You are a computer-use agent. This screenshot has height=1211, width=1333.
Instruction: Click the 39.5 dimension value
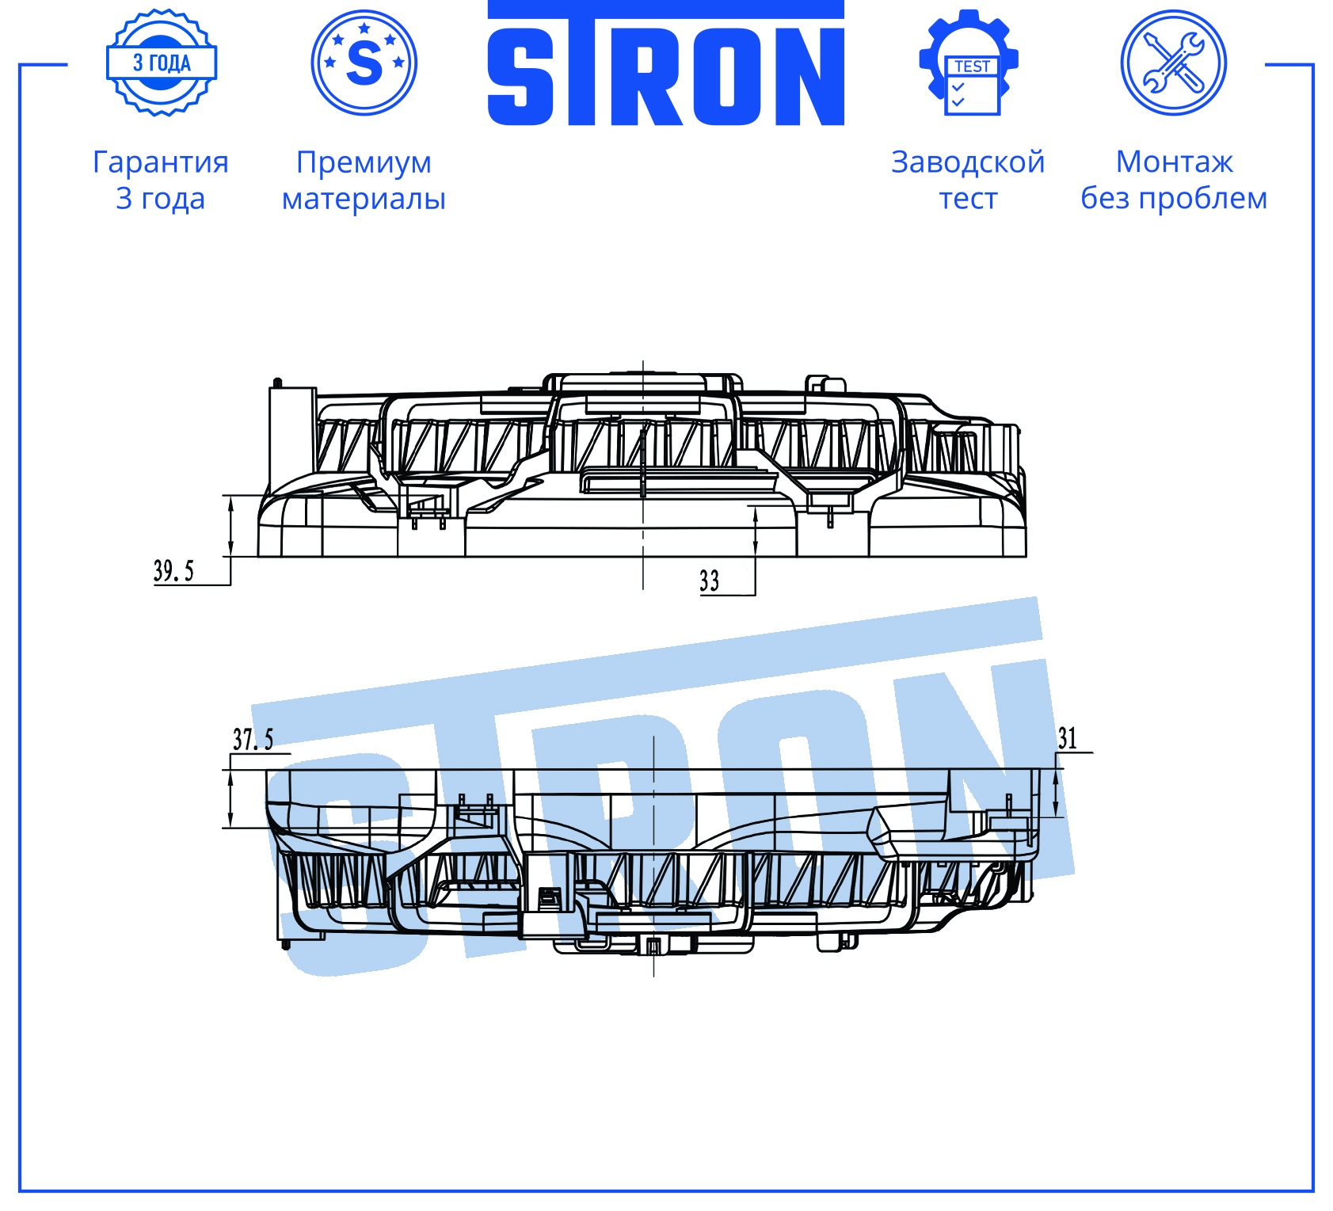173,570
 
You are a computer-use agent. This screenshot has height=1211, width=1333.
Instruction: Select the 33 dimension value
710,581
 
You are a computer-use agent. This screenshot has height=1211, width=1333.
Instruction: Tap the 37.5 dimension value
253,739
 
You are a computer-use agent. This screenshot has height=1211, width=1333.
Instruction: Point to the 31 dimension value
1068,738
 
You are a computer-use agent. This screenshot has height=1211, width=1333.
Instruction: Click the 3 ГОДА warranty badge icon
162,63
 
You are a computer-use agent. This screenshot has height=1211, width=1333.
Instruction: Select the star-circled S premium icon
364,63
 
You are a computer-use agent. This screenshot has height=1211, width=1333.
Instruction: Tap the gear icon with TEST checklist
968,63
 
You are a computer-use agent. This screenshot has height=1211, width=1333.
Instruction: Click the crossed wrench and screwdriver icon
1174,63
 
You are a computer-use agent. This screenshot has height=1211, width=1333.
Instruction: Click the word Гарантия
161,162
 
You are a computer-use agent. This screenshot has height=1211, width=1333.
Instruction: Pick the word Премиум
364,162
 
